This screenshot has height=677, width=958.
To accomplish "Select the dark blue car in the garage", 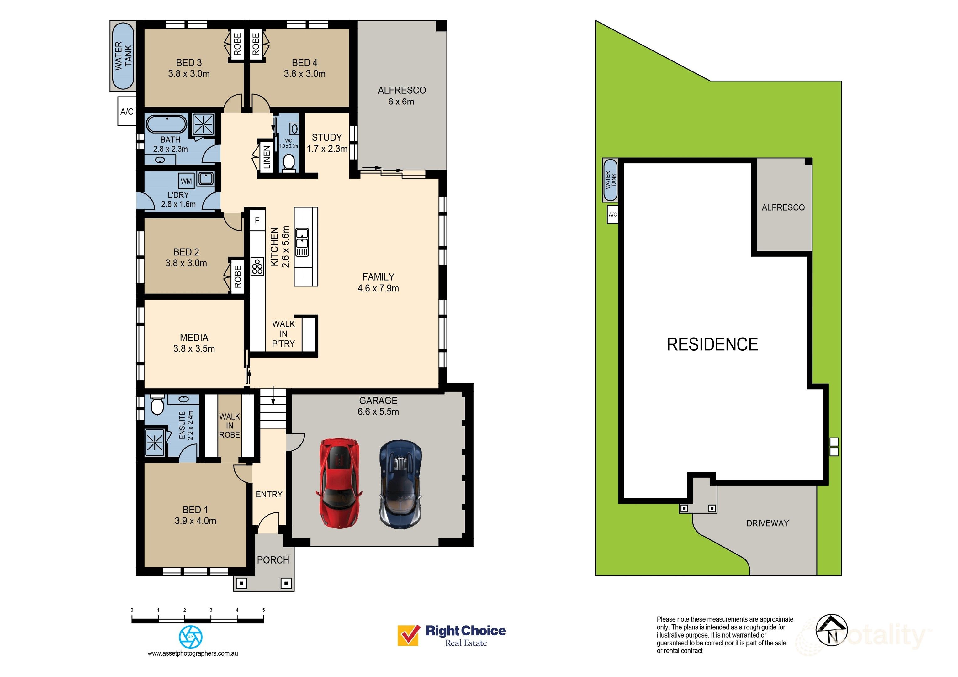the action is pos(400,484).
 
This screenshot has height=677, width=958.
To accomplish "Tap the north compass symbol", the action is pos(832,630).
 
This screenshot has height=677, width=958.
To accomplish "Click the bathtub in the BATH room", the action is pos(167,124).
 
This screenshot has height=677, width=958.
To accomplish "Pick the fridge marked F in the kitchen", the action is pos(257,220).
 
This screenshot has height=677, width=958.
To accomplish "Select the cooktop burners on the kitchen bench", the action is pos(257,266).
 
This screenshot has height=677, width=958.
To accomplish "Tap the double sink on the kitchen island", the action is pos(302,242).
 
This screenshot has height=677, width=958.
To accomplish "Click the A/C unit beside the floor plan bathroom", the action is pos(127,111).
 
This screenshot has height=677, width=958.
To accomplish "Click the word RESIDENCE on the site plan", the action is pos(712,344).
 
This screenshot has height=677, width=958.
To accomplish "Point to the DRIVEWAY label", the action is pos(767,523).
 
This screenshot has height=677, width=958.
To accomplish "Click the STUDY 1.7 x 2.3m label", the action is pos(327,143).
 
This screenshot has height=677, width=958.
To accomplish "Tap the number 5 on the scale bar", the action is pos(263,610).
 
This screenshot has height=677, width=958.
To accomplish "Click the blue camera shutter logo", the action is pos(191,637).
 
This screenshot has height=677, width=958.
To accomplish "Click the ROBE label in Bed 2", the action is pos(237,276).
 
